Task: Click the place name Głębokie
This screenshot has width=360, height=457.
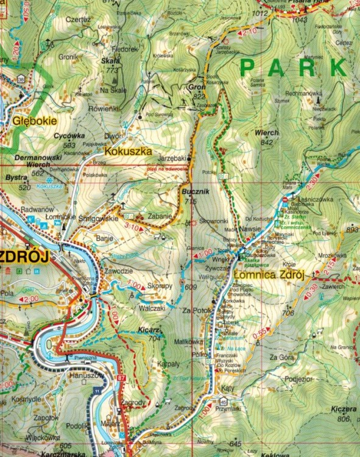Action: [x=34, y=120]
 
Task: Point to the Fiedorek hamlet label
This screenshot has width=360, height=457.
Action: [x=125, y=48]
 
